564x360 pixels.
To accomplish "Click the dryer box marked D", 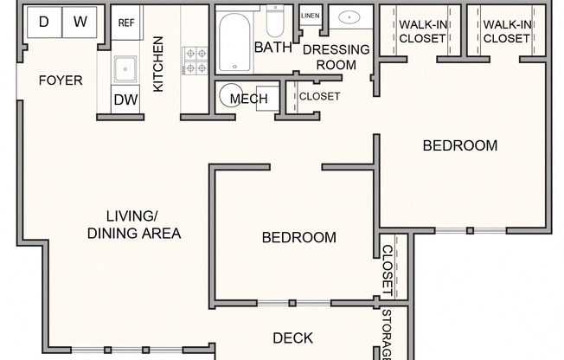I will coord(43,22).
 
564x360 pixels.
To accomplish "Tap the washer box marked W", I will coord(80,22).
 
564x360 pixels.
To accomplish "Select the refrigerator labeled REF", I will coord(126,22).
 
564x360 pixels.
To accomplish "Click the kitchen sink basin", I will coord(126,67).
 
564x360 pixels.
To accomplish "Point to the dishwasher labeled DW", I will coord(126,100).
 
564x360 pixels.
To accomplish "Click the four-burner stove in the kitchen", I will coord(195,61).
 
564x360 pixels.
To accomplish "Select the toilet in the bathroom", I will coord(275,21).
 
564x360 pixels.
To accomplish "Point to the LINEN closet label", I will coord(309,16).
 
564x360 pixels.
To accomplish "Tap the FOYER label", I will coord(61,80).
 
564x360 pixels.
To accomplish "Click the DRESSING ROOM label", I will coord(336,56).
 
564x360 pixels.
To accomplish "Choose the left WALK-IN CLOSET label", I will coord(422,31).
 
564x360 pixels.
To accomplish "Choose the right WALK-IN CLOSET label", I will coord(506,31).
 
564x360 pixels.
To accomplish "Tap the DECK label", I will coord(292,337).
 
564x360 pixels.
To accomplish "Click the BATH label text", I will coord(273,48).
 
